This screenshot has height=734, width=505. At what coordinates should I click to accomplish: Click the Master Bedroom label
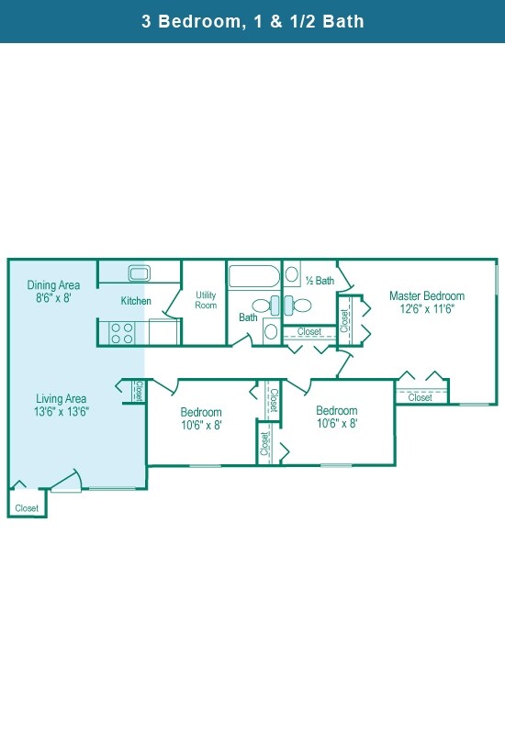coord(427,295)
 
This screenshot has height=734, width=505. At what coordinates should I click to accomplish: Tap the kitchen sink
coord(140,272)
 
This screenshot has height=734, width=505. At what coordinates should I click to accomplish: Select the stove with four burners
coord(122,333)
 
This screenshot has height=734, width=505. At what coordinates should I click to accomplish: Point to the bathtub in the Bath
coord(253,276)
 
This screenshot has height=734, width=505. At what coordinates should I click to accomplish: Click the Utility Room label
coord(206,300)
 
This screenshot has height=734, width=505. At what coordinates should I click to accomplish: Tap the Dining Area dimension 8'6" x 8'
coord(53,297)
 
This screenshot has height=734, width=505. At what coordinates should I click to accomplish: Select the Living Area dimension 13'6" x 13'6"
coord(62,411)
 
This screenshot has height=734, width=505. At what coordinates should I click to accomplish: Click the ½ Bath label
coord(320,281)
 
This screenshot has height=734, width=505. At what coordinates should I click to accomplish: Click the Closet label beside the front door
coord(27,508)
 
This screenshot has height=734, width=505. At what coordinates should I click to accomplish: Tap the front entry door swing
coord(66,480)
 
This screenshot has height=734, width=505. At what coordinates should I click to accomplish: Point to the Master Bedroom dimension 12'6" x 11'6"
coord(427,308)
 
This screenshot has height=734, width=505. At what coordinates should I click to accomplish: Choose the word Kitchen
coord(136,301)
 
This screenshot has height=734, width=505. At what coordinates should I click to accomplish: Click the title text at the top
coord(252,21)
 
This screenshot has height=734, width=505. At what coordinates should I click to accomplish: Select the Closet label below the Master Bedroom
coord(421,397)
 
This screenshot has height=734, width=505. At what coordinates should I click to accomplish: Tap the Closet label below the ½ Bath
coord(309,331)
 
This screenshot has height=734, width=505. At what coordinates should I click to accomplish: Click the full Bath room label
coord(248,317)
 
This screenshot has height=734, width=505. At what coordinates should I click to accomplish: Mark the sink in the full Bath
coord(271,331)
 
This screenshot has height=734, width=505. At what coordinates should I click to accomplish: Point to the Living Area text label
coord(62,399)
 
